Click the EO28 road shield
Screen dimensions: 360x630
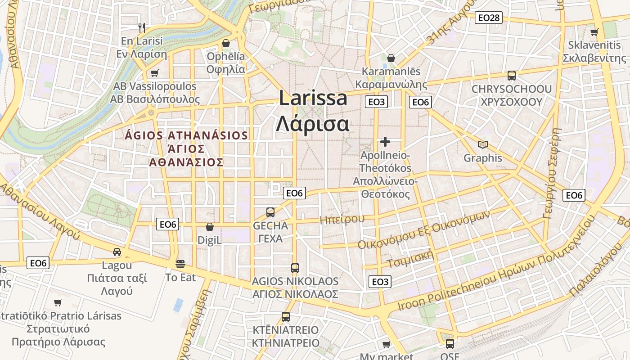(x=488, y=18)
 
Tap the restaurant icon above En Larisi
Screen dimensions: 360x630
(x=142, y=27)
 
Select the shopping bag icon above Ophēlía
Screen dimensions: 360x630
(x=226, y=43)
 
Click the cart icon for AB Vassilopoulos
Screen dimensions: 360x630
(x=155, y=73)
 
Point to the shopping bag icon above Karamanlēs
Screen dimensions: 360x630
(x=391, y=58)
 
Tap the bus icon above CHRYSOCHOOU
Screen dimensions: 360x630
(x=511, y=76)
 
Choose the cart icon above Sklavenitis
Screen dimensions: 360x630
(x=594, y=32)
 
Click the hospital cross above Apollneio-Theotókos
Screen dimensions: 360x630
(x=385, y=142)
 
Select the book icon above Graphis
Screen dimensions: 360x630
(x=483, y=144)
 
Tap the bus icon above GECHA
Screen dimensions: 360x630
(x=270, y=212)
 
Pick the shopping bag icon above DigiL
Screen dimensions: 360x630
(x=209, y=227)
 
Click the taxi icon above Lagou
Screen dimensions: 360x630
(x=117, y=252)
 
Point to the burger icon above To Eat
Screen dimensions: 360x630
(x=180, y=264)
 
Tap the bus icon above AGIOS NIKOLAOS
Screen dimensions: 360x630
(x=295, y=268)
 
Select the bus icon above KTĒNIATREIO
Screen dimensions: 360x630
(x=285, y=316)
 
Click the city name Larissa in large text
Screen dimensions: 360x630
(x=313, y=98)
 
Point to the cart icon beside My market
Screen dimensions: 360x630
(x=386, y=345)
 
